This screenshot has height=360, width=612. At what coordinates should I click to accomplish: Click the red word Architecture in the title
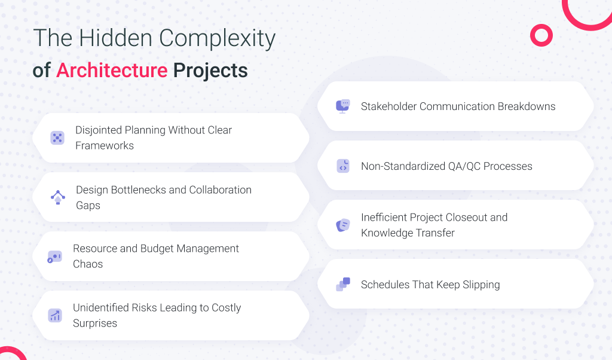click(x=112, y=71)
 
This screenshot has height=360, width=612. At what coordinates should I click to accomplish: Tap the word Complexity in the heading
click(x=218, y=39)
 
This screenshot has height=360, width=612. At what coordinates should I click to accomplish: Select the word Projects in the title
click(x=210, y=71)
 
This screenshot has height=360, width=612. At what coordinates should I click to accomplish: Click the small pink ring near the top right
click(x=541, y=35)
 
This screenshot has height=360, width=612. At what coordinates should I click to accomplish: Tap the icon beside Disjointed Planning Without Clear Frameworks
click(x=57, y=138)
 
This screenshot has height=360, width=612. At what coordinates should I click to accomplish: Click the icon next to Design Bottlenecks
click(x=58, y=197)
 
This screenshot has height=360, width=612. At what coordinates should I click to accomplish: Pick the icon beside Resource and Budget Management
click(x=54, y=257)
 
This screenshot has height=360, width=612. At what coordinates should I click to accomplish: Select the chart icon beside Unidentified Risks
click(x=54, y=316)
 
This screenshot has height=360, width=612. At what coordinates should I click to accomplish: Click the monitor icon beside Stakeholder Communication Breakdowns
click(x=342, y=106)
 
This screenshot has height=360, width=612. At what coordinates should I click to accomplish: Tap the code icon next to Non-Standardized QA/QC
click(x=343, y=166)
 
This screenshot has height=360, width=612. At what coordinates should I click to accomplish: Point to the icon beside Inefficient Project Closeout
click(x=343, y=225)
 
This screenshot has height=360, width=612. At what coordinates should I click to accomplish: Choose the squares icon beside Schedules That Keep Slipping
click(x=343, y=284)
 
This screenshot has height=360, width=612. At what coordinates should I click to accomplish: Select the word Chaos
click(x=88, y=264)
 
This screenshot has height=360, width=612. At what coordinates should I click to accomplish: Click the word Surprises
click(x=95, y=324)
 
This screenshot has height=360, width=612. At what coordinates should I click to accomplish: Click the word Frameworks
click(x=105, y=146)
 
